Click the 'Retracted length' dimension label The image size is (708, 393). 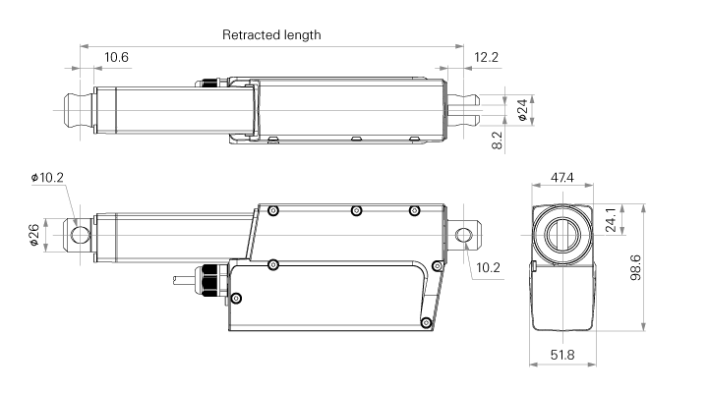click(271, 34)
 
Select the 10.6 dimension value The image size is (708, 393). click(116, 57)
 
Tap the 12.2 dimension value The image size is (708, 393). click(486, 57)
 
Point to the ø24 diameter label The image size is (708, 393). click(521, 109)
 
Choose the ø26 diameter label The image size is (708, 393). click(34, 236)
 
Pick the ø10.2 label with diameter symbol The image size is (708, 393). click(47, 178)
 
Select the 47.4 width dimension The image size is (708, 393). click(562, 178)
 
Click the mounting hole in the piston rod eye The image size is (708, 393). click(79, 233)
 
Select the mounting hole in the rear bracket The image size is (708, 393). click(465, 233)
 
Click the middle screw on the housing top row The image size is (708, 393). click(356, 210)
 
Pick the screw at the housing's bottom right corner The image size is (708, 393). click(425, 322)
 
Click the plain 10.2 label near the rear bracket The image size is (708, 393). click(489, 267)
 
